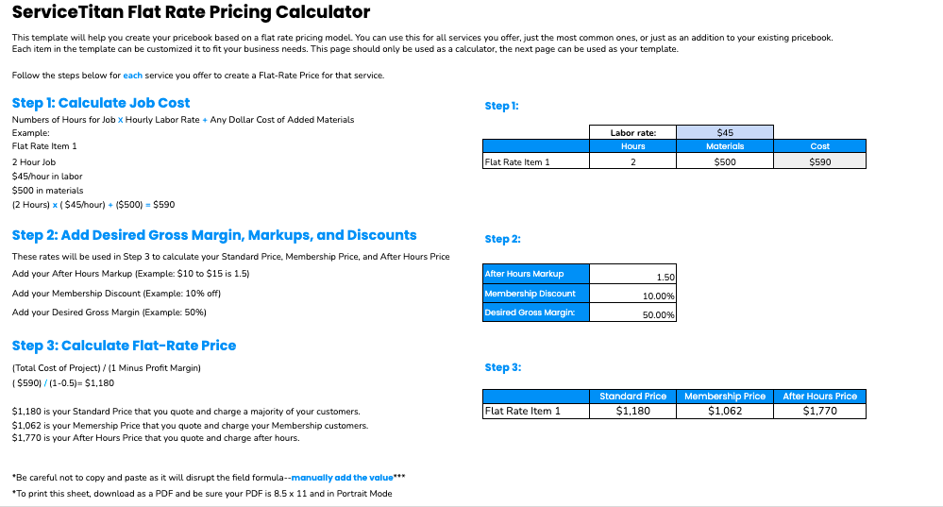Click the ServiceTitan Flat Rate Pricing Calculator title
coord(191,12)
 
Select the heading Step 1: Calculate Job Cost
coord(101,103)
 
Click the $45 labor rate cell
coord(725,133)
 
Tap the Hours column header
coord(632,146)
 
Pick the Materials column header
coord(725,146)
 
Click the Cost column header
coord(819,146)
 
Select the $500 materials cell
coord(725,161)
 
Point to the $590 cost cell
coord(819,161)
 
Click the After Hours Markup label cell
coord(535,274)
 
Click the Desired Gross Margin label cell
coord(535,313)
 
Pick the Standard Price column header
coord(632,397)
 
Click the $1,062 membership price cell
coord(725,411)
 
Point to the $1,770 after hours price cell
coord(819,411)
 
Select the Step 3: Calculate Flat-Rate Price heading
coord(124,346)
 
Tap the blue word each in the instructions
coord(132,76)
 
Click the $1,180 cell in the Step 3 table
coord(632,411)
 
